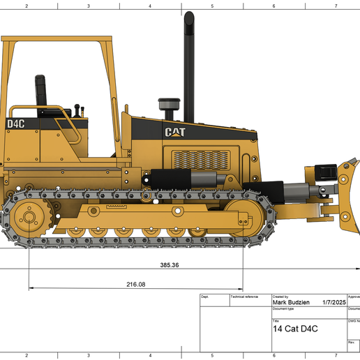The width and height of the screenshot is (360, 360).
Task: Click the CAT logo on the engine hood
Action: coord(175,131)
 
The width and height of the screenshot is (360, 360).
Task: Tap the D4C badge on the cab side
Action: coord(16,124)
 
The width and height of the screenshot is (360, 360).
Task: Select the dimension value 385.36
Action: coord(170,265)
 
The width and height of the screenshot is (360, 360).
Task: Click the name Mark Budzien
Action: coord(292,303)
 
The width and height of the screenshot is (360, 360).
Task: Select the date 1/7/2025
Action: coord(333,303)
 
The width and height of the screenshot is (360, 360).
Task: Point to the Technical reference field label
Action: coord(243,297)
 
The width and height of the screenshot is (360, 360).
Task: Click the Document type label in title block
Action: coord(284,308)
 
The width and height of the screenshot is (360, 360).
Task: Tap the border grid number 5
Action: coord(212,6)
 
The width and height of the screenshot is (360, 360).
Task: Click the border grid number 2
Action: coord(27,6)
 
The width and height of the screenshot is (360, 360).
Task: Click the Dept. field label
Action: coord(205,297)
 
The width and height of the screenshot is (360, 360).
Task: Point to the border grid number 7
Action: coord(336,6)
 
